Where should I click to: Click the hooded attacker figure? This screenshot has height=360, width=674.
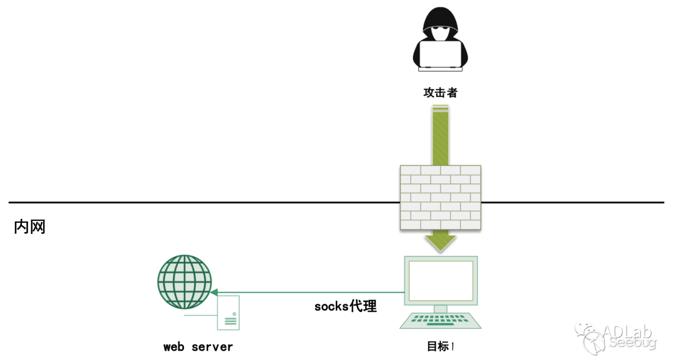pyautogui.click(x=441, y=41)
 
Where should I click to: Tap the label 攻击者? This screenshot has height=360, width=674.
pyautogui.click(x=441, y=92)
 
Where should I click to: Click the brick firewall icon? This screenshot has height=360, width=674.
pyautogui.click(x=441, y=197)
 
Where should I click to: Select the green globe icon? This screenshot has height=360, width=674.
pyautogui.click(x=184, y=281)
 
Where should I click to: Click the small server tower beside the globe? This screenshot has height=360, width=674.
pyautogui.click(x=228, y=312)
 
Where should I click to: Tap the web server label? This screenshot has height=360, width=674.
pyautogui.click(x=198, y=347)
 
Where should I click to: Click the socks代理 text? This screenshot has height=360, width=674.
pyautogui.click(x=345, y=306)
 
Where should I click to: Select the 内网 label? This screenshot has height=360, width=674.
pyautogui.click(x=30, y=226)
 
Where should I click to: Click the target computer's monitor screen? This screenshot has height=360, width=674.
pyautogui.click(x=441, y=280)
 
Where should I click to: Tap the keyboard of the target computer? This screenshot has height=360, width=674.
pyautogui.click(x=441, y=321)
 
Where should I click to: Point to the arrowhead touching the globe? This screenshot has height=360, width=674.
pyautogui.click(x=214, y=292)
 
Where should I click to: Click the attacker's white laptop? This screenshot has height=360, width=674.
pyautogui.click(x=441, y=54)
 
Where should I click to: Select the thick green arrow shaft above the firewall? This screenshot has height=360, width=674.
pyautogui.click(x=441, y=134)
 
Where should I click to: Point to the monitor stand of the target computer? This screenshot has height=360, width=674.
pyautogui.click(x=441, y=308)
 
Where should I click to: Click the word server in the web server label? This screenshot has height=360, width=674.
pyautogui.click(x=212, y=347)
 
